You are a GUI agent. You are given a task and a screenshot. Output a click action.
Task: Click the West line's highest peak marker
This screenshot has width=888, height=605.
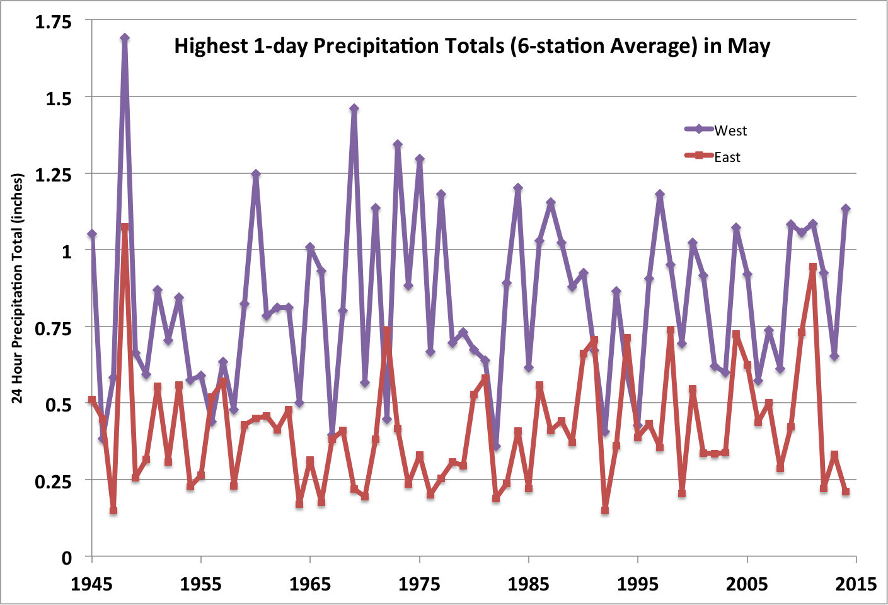pyautogui.click(x=125, y=38)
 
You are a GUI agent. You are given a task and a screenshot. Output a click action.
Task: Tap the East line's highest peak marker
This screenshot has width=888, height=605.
pyautogui.click(x=125, y=227)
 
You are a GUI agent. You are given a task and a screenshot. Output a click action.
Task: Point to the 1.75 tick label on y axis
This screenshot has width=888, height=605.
pyautogui.click(x=54, y=22)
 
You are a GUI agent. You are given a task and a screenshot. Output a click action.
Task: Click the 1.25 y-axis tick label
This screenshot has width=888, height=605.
pyautogui.click(x=54, y=175)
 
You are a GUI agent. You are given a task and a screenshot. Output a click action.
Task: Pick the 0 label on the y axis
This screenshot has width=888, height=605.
pyautogui.click(x=66, y=558)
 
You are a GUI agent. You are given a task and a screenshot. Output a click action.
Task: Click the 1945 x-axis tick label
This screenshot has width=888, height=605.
pyautogui.click(x=92, y=584)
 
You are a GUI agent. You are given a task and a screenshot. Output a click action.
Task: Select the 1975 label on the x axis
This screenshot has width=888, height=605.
pyautogui.click(x=419, y=584)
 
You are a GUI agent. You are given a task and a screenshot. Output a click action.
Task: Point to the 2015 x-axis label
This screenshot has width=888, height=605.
pyautogui.click(x=856, y=584)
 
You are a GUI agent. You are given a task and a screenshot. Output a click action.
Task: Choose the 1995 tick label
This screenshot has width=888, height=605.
pyautogui.click(x=638, y=584)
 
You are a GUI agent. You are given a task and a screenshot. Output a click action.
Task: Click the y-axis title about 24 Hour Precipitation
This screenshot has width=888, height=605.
pyautogui.click(x=18, y=289)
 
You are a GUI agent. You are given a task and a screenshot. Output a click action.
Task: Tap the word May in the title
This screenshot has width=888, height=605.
pyautogui.click(x=749, y=46)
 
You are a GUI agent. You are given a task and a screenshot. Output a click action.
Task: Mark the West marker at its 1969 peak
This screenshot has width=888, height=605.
pyautogui.click(x=354, y=108)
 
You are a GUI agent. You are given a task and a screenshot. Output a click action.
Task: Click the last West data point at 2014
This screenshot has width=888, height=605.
pyautogui.click(x=846, y=209)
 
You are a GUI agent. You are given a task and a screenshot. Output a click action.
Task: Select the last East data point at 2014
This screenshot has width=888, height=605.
pyautogui.click(x=846, y=492)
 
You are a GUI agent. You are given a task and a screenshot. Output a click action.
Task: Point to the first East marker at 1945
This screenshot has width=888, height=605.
pyautogui.click(x=92, y=400)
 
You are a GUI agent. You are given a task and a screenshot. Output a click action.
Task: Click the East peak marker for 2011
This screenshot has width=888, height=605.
pyautogui.click(x=813, y=267)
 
